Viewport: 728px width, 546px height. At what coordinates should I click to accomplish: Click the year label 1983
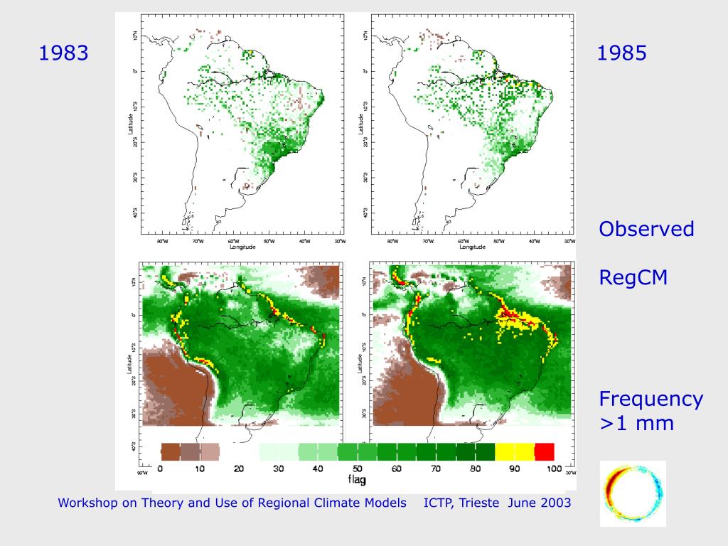[64, 53]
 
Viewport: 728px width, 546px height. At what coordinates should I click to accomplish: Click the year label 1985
[622, 53]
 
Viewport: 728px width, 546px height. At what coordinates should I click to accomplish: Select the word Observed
[646, 230]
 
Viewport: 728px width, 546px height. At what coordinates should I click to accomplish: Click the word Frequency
[651, 399]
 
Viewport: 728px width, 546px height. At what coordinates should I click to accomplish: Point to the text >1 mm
[636, 424]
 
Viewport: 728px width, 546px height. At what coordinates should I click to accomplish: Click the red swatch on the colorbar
[544, 451]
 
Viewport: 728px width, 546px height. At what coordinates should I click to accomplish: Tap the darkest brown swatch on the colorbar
[171, 451]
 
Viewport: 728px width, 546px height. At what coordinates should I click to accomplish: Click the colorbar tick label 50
[357, 469]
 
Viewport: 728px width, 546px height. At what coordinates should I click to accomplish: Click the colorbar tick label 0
[160, 469]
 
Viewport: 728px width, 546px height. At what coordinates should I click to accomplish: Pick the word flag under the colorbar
[357, 481]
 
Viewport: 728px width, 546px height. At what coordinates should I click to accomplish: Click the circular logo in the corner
[633, 493]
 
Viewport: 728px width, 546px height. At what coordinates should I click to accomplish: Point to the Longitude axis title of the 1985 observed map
[468, 247]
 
